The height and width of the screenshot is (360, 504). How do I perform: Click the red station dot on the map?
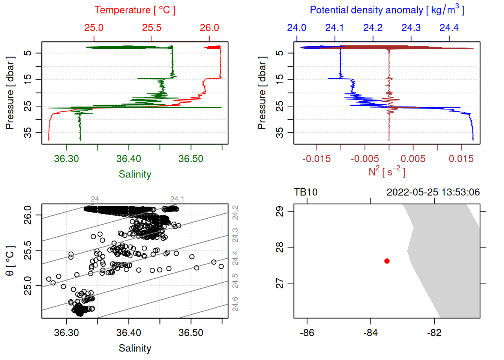click(387, 261)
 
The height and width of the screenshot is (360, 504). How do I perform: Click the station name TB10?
click(306, 192)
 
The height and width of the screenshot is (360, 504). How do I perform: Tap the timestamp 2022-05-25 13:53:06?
click(433, 192)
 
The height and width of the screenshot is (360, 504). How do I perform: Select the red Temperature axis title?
click(135, 10)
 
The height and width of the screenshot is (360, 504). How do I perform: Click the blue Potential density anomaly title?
click(387, 10)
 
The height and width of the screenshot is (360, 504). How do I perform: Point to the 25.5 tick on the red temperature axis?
click(151, 28)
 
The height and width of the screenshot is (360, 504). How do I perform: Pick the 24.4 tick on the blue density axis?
click(449, 28)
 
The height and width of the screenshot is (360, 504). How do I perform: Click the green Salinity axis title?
click(135, 174)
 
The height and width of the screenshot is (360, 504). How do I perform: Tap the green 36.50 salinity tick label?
click(191, 159)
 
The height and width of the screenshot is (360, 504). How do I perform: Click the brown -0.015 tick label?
click(316, 159)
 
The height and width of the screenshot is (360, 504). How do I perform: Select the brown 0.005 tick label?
click(413, 159)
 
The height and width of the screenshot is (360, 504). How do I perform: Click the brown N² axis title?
click(387, 172)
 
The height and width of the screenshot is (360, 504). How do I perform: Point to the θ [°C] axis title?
click(10, 261)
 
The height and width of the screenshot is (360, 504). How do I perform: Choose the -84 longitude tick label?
click(370, 333)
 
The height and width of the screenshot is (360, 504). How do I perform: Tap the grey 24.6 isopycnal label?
click(235, 304)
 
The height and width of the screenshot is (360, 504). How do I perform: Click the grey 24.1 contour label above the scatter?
click(177, 199)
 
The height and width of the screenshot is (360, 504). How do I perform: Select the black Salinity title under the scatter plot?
click(135, 348)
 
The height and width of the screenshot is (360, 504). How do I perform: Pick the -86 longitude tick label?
click(307, 333)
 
